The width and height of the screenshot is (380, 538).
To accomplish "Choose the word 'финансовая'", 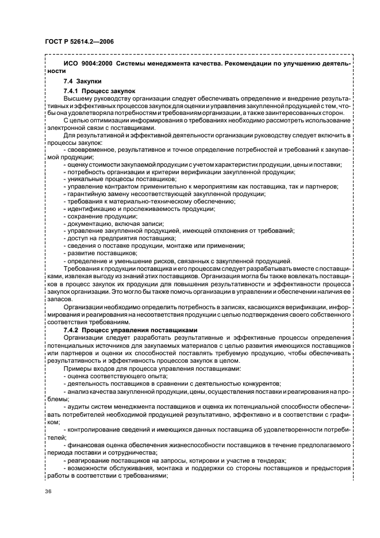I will (x=85, y=444).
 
